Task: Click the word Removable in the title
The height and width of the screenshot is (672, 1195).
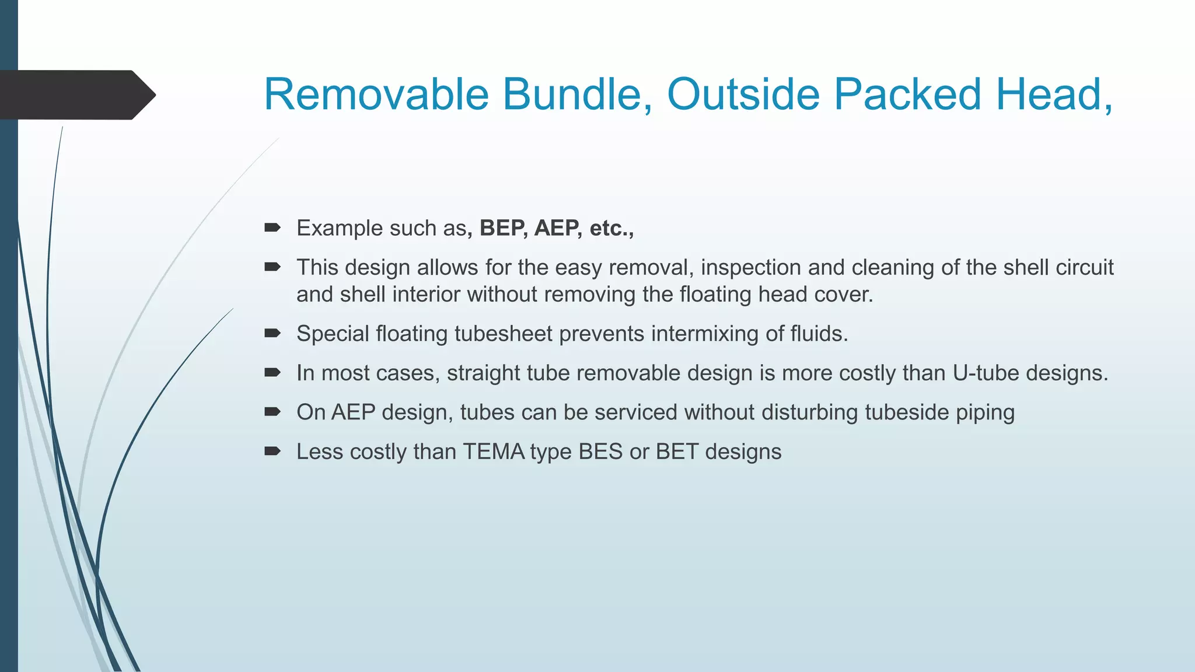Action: (x=376, y=94)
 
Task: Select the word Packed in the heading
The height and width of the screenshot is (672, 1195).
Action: (x=907, y=94)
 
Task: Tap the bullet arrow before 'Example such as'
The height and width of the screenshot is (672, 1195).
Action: (x=272, y=228)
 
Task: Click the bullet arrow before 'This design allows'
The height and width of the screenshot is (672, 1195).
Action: (x=272, y=267)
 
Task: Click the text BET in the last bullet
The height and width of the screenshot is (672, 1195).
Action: (x=677, y=452)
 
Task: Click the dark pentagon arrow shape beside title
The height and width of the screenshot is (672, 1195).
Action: (x=76, y=94)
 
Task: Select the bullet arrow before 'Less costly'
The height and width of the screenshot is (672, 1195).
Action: (x=272, y=452)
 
